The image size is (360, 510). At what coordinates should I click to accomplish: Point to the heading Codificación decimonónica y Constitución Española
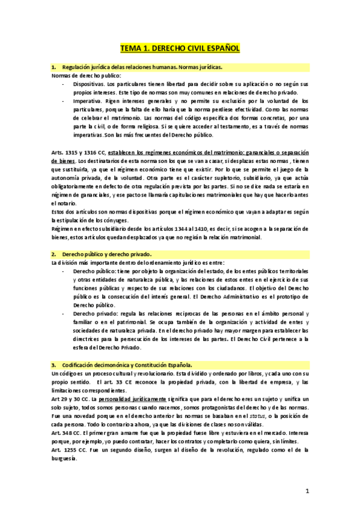click(x=126, y=364)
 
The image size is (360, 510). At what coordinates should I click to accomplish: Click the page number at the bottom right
click(x=307, y=491)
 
